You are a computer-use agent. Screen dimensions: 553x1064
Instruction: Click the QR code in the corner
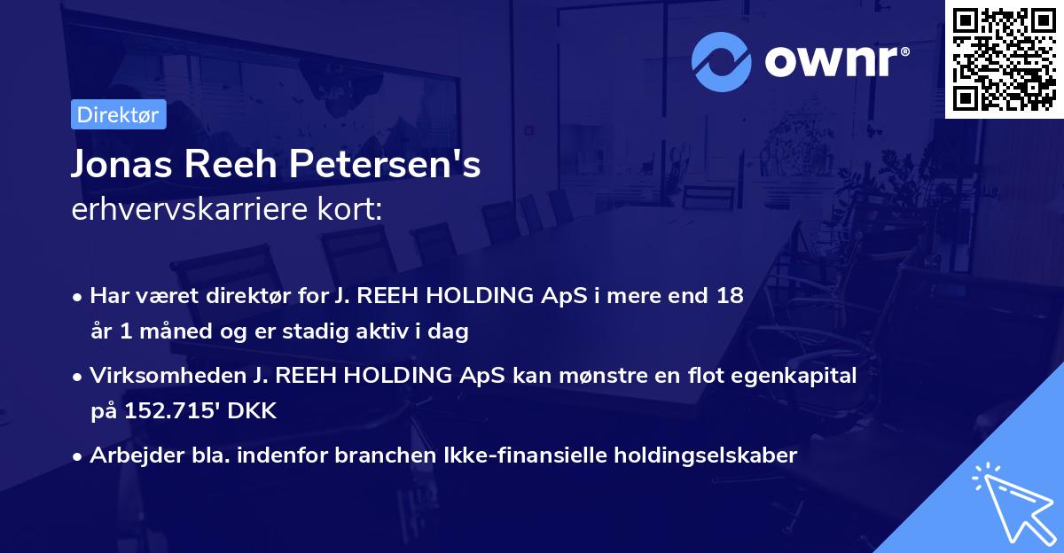(1004, 58)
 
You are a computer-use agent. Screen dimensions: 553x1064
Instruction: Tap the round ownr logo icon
(722, 62)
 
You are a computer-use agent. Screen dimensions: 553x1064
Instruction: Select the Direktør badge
(118, 114)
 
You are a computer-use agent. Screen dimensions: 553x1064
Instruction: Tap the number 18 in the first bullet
(730, 296)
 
